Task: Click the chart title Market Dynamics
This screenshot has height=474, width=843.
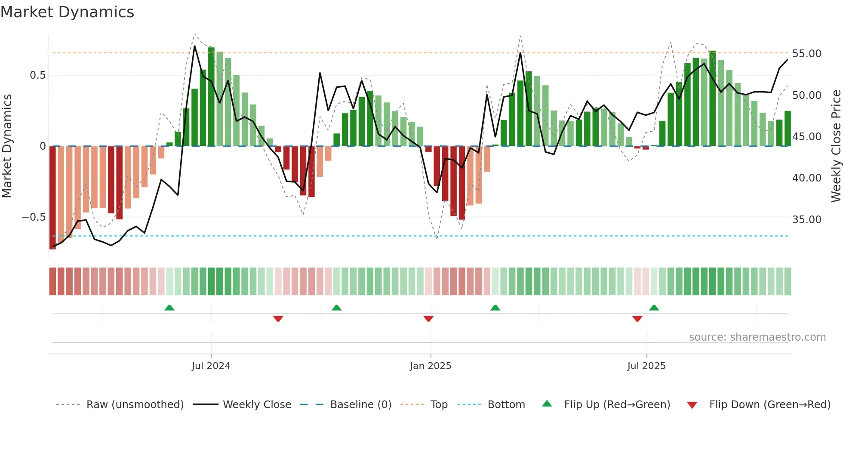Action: tap(68, 12)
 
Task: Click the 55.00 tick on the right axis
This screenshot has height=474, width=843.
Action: tap(806, 54)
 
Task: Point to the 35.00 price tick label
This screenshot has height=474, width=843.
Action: tap(806, 219)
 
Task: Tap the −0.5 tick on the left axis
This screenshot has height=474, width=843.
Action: tap(34, 217)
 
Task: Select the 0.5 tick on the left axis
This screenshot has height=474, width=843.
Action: tap(37, 75)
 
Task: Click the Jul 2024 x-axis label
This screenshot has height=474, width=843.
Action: tap(211, 366)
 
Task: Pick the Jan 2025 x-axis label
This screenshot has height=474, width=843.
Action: tap(431, 366)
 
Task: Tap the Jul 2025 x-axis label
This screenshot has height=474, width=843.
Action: tap(646, 366)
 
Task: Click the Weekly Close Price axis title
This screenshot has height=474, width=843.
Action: tap(836, 146)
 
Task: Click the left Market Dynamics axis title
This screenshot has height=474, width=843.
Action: tap(7, 146)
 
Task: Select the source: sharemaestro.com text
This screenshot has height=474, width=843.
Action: tap(757, 337)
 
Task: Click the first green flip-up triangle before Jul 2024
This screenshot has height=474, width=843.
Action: tap(169, 308)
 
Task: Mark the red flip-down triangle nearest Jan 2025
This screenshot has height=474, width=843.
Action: tap(428, 319)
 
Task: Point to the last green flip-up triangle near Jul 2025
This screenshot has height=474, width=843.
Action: tap(654, 308)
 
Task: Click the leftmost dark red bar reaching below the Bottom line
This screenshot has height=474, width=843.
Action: tap(52, 198)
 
